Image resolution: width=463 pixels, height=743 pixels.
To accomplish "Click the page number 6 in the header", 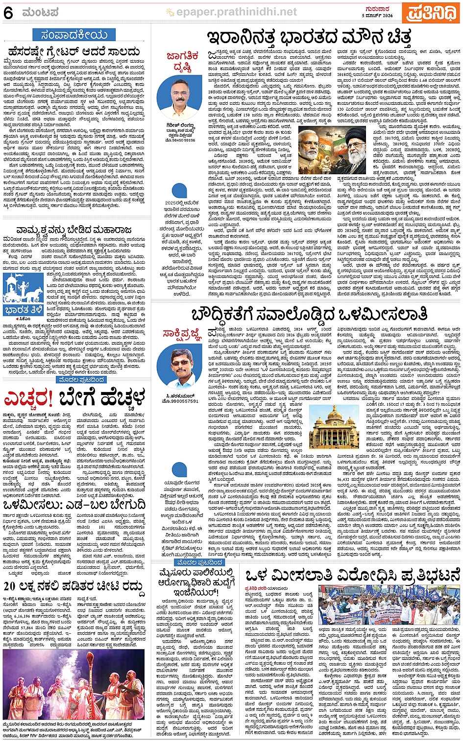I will point(8,13).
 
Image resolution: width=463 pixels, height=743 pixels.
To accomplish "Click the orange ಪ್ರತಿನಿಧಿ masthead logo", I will point(431,13).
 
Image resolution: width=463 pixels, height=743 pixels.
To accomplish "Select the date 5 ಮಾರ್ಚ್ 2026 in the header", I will point(377,16).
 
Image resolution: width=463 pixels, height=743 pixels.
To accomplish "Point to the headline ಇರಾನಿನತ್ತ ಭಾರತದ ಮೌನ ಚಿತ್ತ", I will point(309,38).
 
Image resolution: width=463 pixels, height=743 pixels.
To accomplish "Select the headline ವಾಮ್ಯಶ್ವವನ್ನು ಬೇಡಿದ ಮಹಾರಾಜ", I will point(74,230).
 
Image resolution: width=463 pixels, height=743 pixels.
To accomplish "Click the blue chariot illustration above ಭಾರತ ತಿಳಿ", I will point(23,289).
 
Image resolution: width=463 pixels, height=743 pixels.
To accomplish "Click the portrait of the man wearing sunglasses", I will point(181,367).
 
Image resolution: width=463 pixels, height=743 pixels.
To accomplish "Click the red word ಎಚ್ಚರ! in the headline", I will point(28,399).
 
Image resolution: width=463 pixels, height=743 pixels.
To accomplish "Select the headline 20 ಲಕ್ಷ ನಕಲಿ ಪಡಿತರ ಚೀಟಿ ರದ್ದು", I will point(74,586).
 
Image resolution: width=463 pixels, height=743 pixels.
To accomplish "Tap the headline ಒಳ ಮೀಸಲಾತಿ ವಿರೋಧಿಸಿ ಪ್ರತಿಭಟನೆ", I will point(353,574).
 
